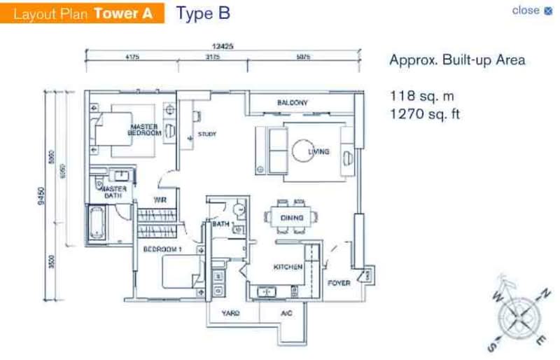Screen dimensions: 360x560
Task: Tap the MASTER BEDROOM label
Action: (144, 130)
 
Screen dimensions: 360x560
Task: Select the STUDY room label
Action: (207, 134)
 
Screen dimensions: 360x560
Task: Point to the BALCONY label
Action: (292, 103)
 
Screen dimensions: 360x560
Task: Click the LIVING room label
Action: (318, 151)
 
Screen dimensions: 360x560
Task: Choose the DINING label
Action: (291, 219)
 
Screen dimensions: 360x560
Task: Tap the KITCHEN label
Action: (288, 267)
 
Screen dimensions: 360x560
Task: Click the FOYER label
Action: (339, 284)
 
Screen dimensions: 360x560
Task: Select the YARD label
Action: (231, 313)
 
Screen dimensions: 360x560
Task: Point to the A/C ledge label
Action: (286, 313)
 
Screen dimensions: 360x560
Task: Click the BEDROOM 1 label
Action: (162, 249)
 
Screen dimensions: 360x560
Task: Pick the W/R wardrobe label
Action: (160, 201)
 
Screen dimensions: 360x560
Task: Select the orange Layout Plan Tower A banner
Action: (82, 13)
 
